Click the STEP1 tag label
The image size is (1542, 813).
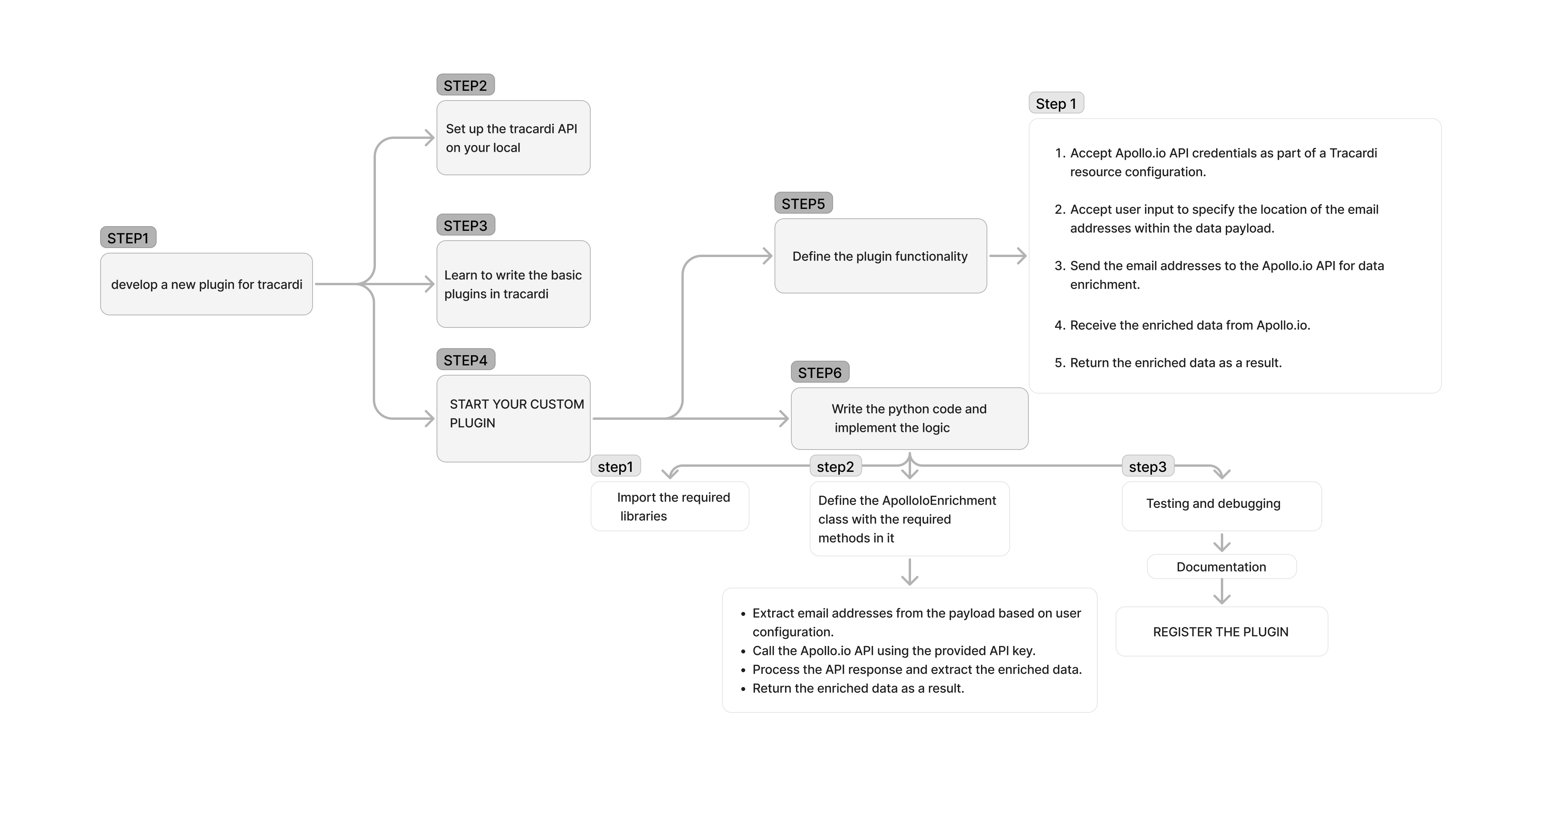click(128, 237)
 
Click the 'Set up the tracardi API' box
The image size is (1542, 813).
click(513, 138)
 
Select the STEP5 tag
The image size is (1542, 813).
click(803, 203)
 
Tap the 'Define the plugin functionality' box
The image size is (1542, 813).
click(880, 256)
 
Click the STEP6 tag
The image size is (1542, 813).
click(820, 372)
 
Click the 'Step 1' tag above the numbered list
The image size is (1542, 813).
click(1056, 104)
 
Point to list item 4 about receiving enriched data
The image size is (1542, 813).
click(1190, 325)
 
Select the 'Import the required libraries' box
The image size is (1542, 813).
click(669, 507)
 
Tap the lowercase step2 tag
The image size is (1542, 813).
click(835, 466)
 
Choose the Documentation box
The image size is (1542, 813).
click(1221, 567)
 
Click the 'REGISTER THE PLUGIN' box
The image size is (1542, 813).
click(1221, 631)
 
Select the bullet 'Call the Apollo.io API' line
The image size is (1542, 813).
click(893, 651)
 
